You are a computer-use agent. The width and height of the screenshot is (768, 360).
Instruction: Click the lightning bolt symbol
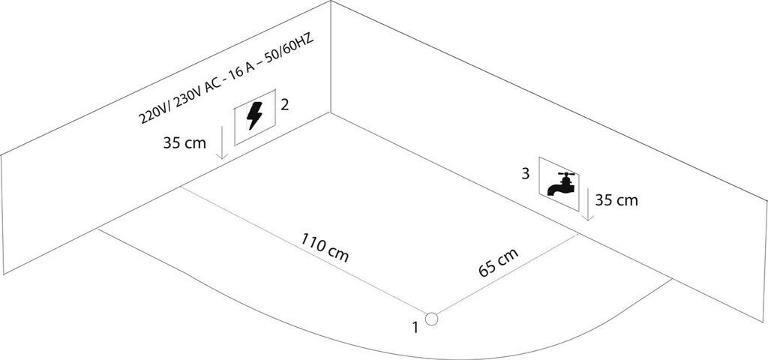(254, 119)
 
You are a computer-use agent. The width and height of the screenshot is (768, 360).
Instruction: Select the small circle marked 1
(431, 319)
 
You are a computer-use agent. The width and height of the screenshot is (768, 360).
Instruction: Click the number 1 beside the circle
(414, 326)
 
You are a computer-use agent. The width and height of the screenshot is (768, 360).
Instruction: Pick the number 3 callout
(526, 174)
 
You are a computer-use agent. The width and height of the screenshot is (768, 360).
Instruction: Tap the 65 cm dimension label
(499, 262)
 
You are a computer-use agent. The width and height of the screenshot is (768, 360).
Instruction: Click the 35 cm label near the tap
(616, 200)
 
